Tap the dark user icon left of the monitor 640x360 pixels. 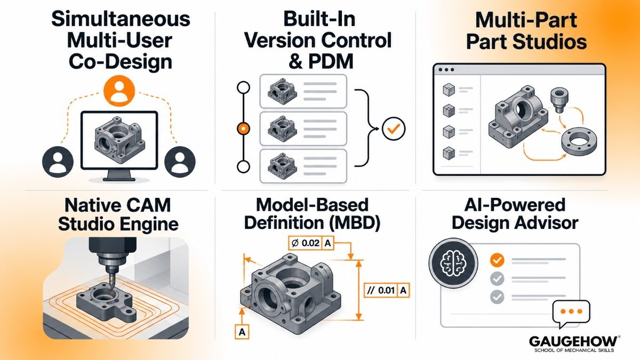click(58, 162)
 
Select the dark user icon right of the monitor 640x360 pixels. click(180, 162)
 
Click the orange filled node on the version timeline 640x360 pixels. click(243, 129)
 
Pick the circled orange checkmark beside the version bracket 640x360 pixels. click(394, 129)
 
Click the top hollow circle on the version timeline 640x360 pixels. click(243, 87)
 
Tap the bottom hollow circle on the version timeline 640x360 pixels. click(243, 166)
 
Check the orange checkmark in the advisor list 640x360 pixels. click(497, 260)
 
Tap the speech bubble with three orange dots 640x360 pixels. click(571, 313)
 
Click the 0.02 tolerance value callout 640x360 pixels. click(310, 243)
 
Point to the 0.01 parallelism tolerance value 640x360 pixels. click(386, 291)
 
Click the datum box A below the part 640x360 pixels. click(242, 332)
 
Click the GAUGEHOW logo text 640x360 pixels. click(573, 342)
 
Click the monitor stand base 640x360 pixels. click(119, 180)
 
